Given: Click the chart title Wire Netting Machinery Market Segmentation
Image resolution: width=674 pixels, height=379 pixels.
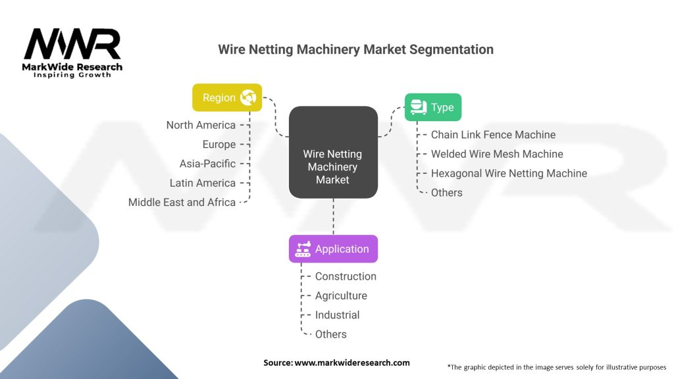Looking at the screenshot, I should (355, 49).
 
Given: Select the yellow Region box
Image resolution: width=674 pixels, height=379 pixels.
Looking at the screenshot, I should (227, 97).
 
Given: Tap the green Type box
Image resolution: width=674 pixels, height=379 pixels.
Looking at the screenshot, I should (432, 107).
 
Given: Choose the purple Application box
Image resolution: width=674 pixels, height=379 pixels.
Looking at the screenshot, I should (333, 249).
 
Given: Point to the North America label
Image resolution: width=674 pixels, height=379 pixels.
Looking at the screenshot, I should (201, 125).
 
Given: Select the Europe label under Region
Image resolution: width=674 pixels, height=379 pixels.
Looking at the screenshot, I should (219, 144).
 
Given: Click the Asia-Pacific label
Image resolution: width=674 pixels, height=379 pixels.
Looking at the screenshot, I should (207, 163).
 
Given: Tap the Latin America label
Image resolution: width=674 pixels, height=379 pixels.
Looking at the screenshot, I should (203, 183).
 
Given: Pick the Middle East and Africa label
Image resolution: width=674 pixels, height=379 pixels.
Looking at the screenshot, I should (182, 202).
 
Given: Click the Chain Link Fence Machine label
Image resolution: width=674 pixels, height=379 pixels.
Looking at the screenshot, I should (493, 134).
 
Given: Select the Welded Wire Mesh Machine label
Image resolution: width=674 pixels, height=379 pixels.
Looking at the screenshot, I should (497, 154).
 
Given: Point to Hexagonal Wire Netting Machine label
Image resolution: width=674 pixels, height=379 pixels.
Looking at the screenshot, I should (509, 173).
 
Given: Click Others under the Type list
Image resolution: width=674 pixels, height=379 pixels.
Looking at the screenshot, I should (446, 192).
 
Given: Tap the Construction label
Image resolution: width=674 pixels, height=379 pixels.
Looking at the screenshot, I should (346, 276).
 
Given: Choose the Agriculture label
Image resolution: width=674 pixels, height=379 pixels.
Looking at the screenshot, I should (341, 295).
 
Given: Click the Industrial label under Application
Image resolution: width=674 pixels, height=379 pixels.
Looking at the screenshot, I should (337, 315).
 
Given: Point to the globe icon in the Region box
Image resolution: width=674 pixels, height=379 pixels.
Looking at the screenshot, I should (248, 97).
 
